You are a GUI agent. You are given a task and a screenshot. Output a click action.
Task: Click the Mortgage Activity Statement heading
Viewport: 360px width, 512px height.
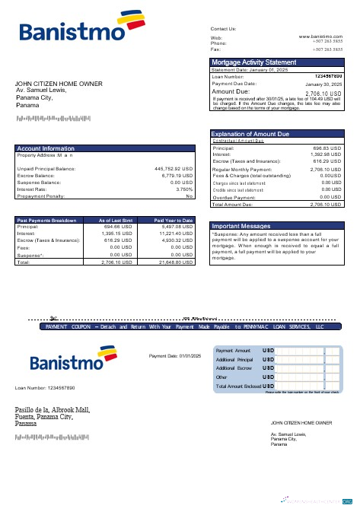[253, 62]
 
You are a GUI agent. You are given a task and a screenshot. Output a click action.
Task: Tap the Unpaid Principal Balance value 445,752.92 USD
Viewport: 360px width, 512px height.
[174, 169]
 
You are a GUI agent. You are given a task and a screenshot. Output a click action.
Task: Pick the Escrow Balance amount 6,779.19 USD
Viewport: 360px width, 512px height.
[177, 176]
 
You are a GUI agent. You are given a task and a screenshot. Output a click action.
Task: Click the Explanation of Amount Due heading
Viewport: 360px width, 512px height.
[250, 135]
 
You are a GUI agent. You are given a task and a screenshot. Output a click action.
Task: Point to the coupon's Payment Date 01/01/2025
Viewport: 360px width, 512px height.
[175, 356]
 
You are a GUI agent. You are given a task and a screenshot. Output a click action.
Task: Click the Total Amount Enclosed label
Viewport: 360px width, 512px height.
[239, 386]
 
